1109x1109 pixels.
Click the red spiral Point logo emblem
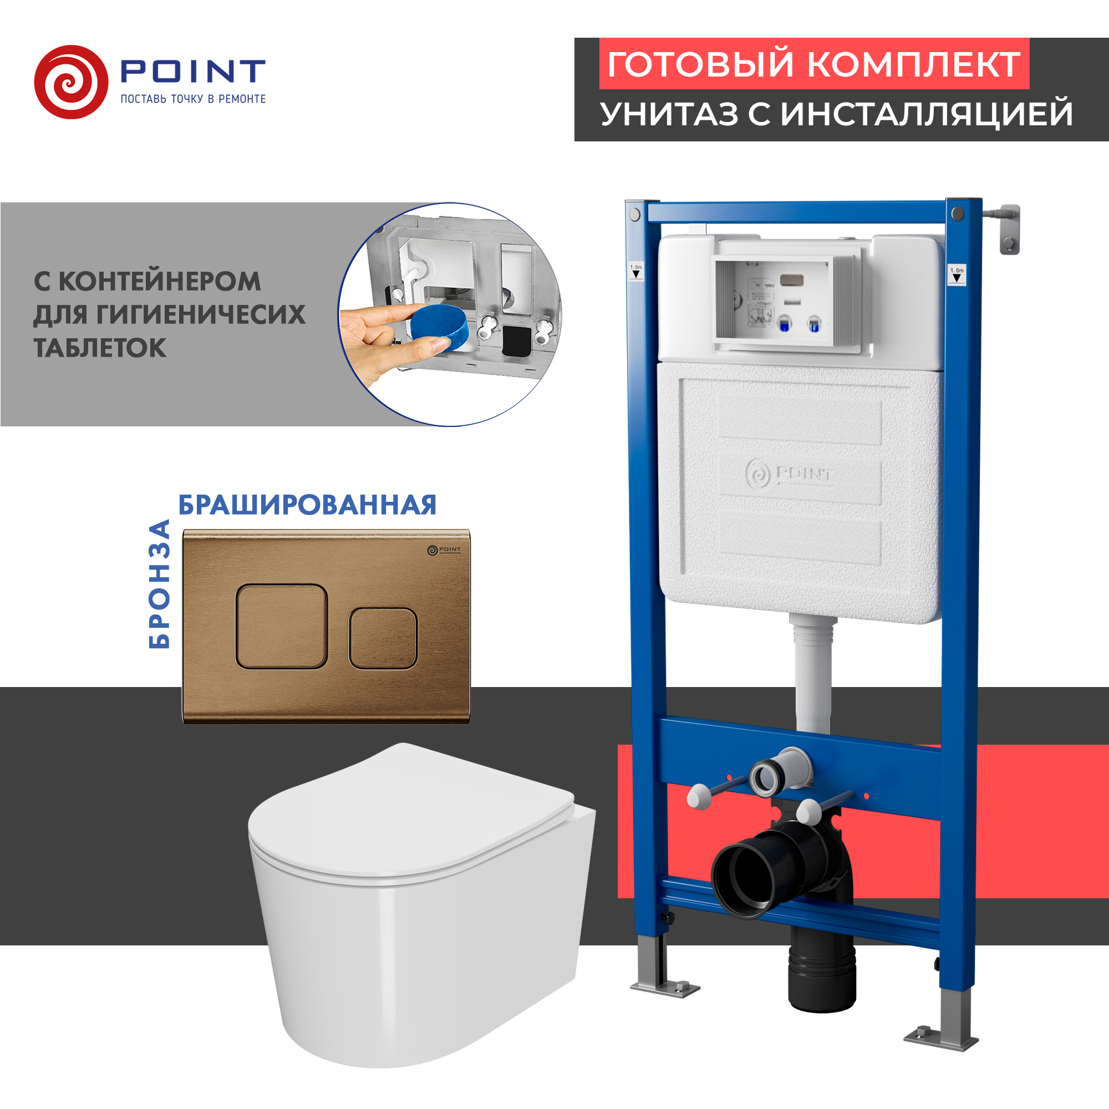(x=70, y=82)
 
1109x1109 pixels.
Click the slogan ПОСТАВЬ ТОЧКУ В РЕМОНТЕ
(x=193, y=99)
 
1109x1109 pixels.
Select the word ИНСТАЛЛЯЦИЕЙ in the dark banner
(x=927, y=114)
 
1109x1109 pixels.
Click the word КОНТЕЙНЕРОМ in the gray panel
(x=160, y=281)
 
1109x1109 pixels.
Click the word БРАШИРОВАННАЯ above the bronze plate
(x=307, y=505)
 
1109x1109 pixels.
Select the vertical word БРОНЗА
(x=160, y=584)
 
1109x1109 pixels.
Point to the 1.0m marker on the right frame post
(x=957, y=275)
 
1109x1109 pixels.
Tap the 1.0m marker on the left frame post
(x=636, y=271)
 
